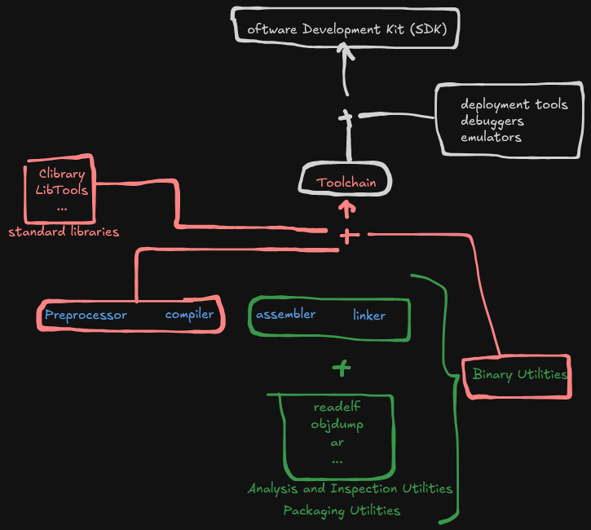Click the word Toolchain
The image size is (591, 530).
(346, 183)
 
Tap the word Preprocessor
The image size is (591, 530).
(86, 315)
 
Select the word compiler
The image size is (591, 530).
(189, 315)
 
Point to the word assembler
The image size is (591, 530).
(285, 314)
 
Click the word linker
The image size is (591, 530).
(369, 315)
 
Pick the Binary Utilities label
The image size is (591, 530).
(520, 374)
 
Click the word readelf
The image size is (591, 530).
(337, 406)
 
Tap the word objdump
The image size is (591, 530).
(337, 425)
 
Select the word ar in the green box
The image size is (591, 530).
(337, 443)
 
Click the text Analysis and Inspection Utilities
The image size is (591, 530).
(350, 489)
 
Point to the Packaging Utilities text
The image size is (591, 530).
(342, 511)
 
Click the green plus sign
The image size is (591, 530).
(342, 368)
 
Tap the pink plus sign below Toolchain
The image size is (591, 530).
(349, 236)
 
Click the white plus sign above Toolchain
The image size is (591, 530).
(346, 117)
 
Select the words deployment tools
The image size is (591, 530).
(514, 104)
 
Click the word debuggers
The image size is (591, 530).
(492, 121)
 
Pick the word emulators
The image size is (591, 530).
(491, 137)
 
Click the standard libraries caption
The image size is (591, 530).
(64, 232)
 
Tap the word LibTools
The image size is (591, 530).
(62, 190)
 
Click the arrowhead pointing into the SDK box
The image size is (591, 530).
(345, 50)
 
